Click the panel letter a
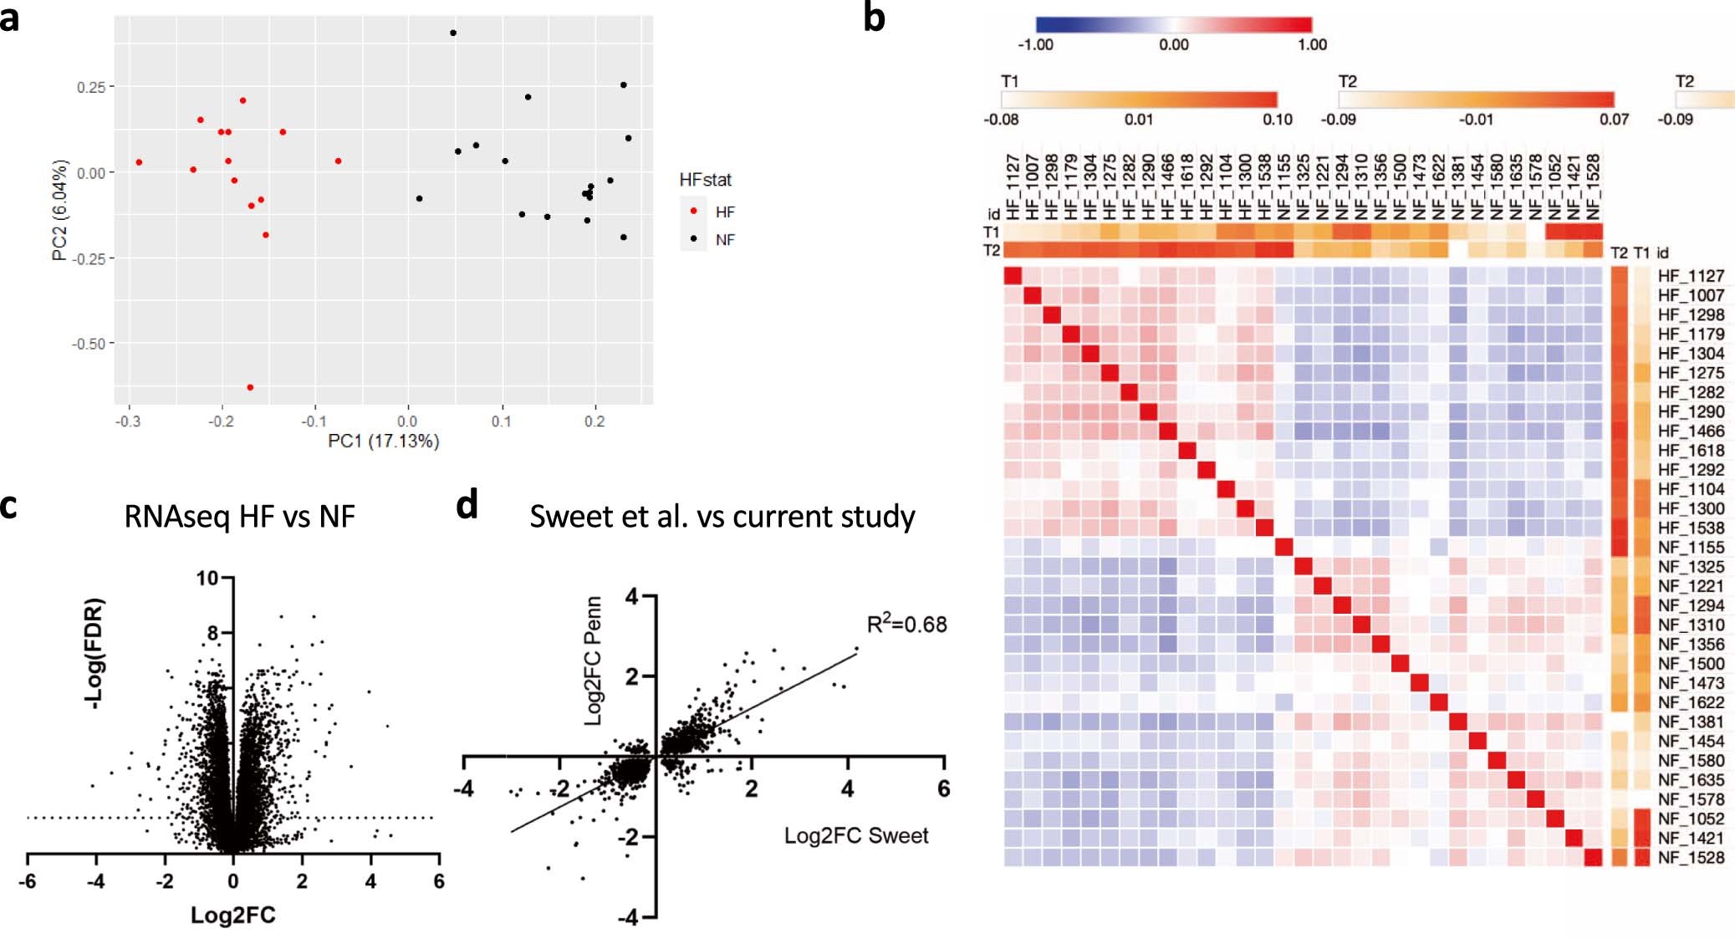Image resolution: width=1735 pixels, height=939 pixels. click(x=10, y=18)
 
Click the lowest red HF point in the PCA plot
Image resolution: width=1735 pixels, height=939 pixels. click(x=250, y=387)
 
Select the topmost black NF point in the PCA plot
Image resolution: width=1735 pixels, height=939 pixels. click(x=453, y=33)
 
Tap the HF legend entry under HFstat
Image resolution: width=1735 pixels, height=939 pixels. click(x=724, y=212)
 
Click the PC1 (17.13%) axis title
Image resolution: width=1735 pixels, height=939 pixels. click(x=383, y=441)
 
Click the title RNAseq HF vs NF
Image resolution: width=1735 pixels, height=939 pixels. click(x=239, y=516)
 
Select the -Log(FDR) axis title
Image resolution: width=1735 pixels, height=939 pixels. click(x=95, y=653)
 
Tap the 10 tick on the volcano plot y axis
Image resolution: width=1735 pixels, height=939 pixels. click(x=207, y=578)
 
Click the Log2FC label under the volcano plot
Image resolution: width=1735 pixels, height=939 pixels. click(x=232, y=915)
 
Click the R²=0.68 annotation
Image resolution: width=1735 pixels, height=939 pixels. click(x=906, y=624)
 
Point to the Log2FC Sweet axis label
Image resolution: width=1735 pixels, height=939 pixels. click(x=855, y=835)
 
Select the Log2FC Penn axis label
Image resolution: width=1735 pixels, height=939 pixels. click(x=594, y=661)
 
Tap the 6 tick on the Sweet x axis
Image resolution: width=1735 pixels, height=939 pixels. click(x=943, y=788)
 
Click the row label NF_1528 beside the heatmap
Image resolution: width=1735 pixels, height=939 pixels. click(x=1690, y=857)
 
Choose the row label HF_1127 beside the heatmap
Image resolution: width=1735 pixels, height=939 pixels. click(x=1690, y=276)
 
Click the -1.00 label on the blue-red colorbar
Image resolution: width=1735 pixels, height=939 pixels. click(x=1034, y=44)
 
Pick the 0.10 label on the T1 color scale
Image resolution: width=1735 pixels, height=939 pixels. click(x=1277, y=119)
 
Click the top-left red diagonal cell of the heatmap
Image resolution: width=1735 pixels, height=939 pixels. click(x=1013, y=276)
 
